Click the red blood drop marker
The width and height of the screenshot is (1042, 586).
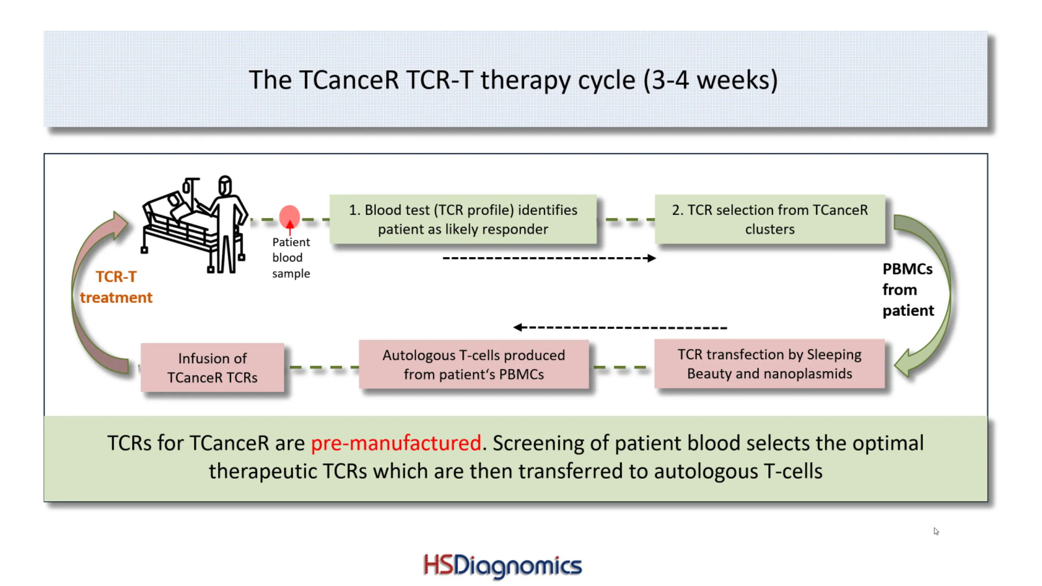point(289,216)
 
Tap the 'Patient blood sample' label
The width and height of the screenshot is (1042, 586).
point(291,257)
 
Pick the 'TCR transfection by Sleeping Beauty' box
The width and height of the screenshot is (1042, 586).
point(769,364)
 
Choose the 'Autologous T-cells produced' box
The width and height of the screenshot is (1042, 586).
point(473,364)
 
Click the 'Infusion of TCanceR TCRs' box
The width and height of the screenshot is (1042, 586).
point(212,367)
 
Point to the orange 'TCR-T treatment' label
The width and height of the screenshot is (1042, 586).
point(116,287)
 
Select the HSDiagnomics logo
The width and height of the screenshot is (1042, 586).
point(502,565)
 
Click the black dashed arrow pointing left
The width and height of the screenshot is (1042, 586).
point(620,327)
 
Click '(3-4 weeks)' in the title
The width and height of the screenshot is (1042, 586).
point(710,80)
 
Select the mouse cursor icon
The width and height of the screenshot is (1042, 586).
point(936,531)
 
